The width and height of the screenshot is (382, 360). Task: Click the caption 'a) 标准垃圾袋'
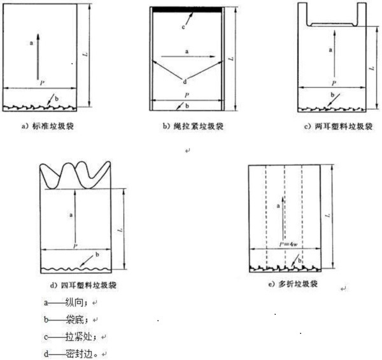(x=48, y=127)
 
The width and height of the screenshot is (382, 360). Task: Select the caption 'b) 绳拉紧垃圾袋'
(x=193, y=127)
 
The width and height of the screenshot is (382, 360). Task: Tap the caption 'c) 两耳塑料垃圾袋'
(x=339, y=127)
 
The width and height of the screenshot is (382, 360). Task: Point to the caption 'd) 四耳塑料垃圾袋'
(x=83, y=285)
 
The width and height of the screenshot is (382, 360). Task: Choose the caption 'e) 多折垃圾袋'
(x=293, y=284)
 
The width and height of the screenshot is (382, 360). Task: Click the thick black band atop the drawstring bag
(x=187, y=10)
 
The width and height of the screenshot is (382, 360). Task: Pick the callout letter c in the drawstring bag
(x=183, y=27)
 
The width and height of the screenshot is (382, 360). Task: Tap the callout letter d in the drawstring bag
(x=185, y=82)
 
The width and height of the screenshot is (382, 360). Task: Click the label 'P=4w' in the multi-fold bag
(x=288, y=244)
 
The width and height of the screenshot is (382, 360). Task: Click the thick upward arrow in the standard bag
(x=38, y=57)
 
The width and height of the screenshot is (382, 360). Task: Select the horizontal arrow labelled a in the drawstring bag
(x=188, y=57)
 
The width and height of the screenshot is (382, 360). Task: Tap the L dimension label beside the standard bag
(x=85, y=54)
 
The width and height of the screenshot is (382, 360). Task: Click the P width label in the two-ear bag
(x=334, y=83)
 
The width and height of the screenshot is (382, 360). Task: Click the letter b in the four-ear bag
(x=97, y=254)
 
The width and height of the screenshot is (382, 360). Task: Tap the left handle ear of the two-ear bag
(x=303, y=14)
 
